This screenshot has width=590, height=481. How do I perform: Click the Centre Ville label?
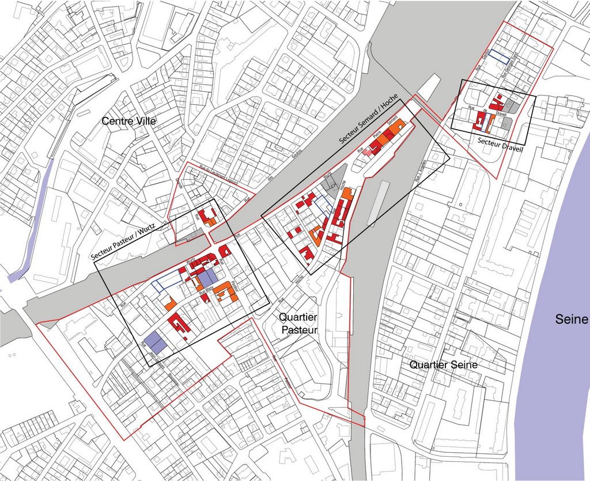(x=129, y=122)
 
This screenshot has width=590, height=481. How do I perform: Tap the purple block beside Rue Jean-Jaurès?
(x=156, y=341)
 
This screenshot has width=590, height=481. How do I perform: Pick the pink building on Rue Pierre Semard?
(x=368, y=152)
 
